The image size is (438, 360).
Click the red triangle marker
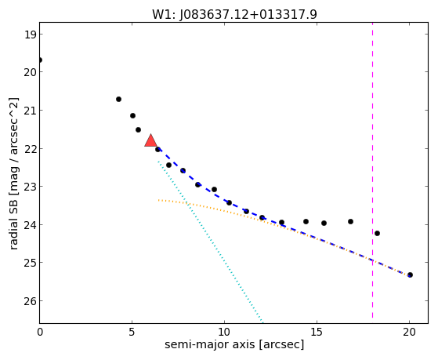pos(151,140)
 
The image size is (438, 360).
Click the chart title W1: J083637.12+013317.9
pos(234,14)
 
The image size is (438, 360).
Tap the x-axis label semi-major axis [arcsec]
pos(234,344)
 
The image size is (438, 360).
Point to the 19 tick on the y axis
pos(30,35)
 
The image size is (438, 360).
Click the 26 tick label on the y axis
pos(30,301)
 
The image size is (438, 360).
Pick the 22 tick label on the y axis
pos(30,148)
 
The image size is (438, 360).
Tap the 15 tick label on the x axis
pos(317,333)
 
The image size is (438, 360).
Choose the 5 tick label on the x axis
pos(132,333)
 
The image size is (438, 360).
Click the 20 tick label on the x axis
pos(409,333)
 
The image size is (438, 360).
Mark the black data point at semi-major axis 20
pos(410,275)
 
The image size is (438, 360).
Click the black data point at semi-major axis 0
pos(40,60)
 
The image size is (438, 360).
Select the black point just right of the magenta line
pos(377,233)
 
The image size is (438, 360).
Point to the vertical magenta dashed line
pos(372,170)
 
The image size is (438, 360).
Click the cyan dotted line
pos(210,241)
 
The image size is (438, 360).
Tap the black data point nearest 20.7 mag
pos(118,99)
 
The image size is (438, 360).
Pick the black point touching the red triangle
pos(157,149)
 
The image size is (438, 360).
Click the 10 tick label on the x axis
pos(224,333)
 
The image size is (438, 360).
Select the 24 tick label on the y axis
pos(30,225)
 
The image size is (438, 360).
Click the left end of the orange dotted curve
pos(158,200)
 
